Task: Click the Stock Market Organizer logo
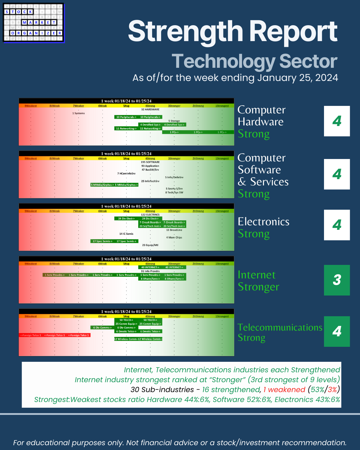[34, 23]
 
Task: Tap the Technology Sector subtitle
[254, 61]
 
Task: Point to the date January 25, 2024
[298, 78]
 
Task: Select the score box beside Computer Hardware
[337, 121]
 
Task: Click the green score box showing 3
[337, 280]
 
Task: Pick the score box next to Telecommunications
[337, 331]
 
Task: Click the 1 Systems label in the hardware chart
[79, 113]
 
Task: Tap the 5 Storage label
[174, 121]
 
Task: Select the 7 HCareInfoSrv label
[126, 173]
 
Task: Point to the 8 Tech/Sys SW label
[174, 193]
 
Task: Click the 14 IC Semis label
[126, 234]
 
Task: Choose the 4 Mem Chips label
[174, 237]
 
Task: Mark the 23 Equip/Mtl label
[150, 245]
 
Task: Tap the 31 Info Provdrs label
[150, 271]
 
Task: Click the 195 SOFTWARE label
[150, 162]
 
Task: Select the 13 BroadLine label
[174, 230]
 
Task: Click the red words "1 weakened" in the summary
[284, 389]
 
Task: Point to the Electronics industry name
[263, 222]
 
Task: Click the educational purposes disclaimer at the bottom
[180, 442]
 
